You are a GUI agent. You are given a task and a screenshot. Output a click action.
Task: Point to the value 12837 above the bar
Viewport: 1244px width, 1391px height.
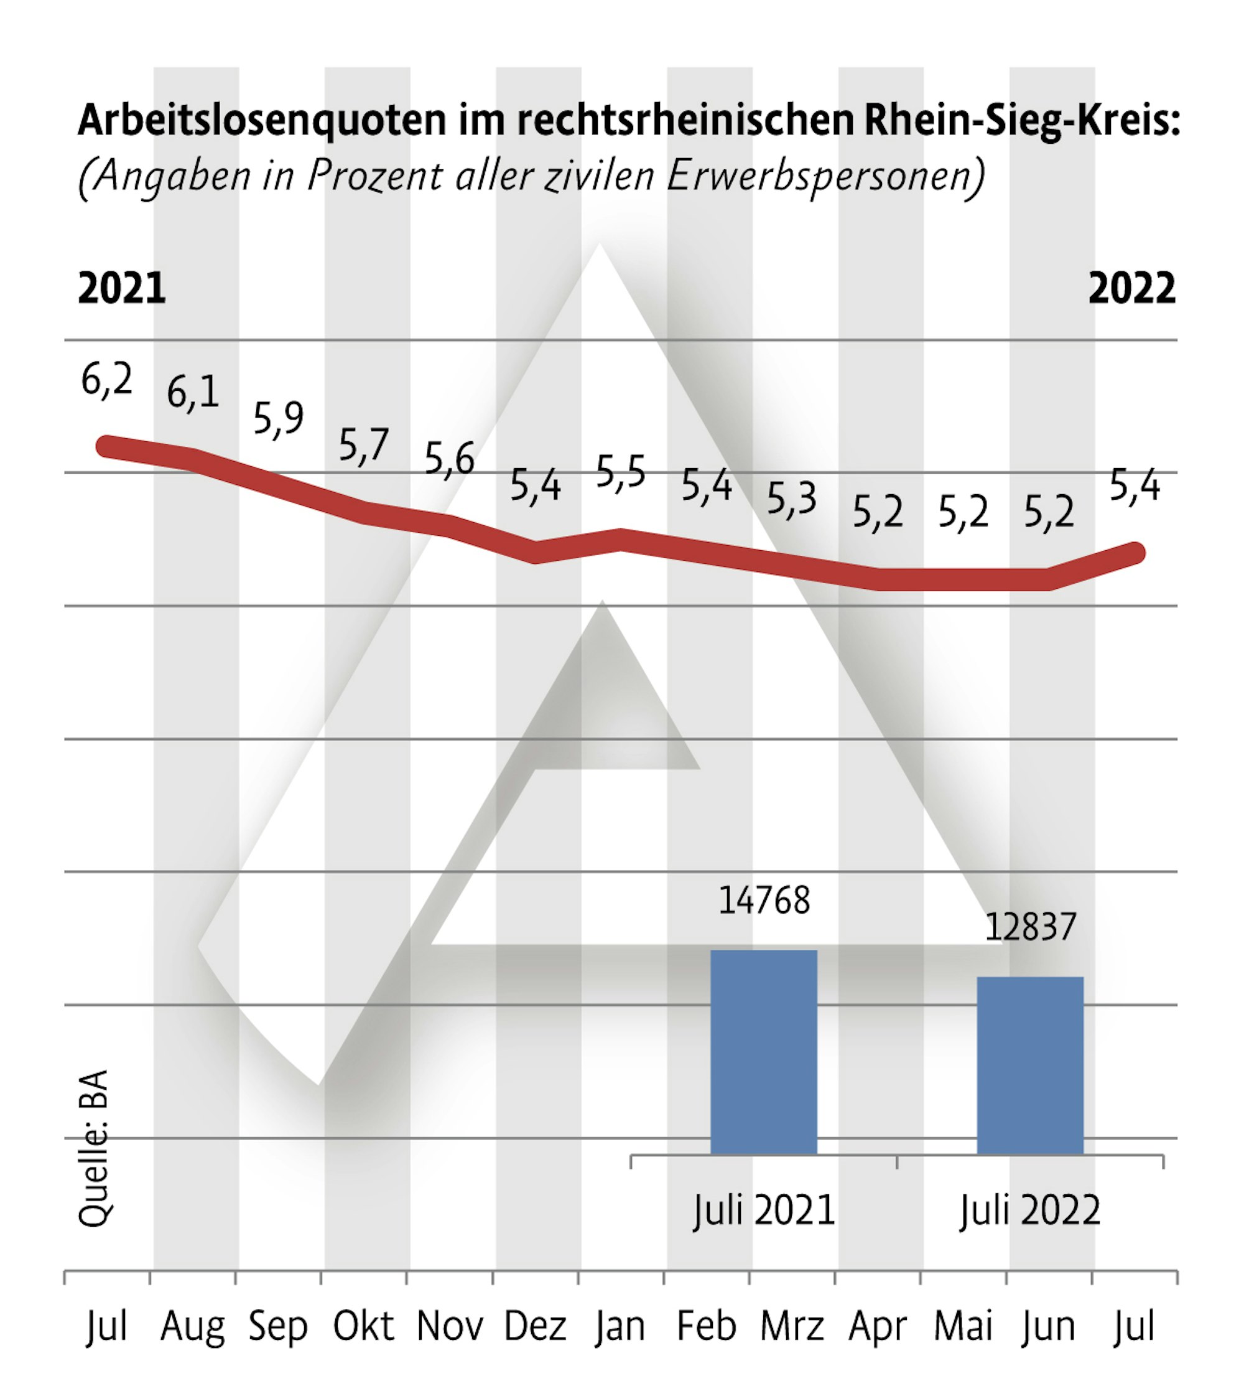pyautogui.click(x=1030, y=927)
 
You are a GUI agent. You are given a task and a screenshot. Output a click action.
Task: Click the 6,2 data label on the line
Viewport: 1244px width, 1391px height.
pyautogui.click(x=106, y=380)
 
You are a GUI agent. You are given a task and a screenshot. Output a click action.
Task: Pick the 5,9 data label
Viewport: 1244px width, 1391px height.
pyautogui.click(x=278, y=418)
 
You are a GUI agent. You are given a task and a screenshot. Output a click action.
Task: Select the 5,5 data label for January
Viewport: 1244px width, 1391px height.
pyautogui.click(x=620, y=472)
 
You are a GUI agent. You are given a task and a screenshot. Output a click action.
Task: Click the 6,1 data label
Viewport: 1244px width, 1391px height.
pyautogui.click(x=193, y=393)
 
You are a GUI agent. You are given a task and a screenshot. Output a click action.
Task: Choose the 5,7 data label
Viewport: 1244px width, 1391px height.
pyautogui.click(x=364, y=445)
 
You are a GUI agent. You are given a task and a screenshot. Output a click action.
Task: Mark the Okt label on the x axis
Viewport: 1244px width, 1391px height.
pyautogui.click(x=363, y=1327)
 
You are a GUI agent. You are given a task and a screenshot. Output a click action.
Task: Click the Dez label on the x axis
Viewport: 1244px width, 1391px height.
pyautogui.click(x=535, y=1327)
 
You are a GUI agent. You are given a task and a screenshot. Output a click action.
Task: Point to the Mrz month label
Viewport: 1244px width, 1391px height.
pyautogui.click(x=792, y=1327)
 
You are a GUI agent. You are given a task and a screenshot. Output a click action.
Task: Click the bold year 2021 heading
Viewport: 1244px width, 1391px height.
pyautogui.click(x=122, y=289)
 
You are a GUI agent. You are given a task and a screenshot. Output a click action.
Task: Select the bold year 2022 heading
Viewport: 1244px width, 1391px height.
pyautogui.click(x=1131, y=289)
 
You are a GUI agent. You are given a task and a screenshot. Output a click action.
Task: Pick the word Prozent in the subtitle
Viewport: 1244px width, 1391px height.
pyautogui.click(x=374, y=176)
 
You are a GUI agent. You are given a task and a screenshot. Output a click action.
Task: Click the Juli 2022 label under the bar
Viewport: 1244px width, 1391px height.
pyautogui.click(x=1030, y=1210)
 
